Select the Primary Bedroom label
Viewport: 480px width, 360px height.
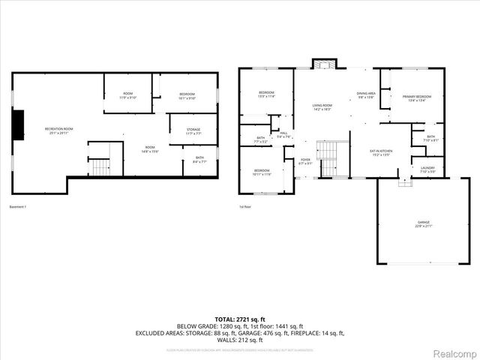click(416, 98)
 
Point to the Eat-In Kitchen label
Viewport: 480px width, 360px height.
click(381, 153)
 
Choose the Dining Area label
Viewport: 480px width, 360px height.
click(366, 94)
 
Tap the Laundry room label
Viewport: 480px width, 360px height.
click(427, 169)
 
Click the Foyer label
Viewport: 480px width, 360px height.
click(306, 160)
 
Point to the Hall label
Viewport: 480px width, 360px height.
click(283, 134)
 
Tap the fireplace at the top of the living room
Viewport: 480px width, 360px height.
click(323, 64)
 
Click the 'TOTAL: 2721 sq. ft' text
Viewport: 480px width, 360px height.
click(239, 319)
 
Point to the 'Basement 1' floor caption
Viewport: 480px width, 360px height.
click(17, 206)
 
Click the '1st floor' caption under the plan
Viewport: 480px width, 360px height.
click(245, 206)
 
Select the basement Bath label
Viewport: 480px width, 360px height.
click(199, 158)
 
